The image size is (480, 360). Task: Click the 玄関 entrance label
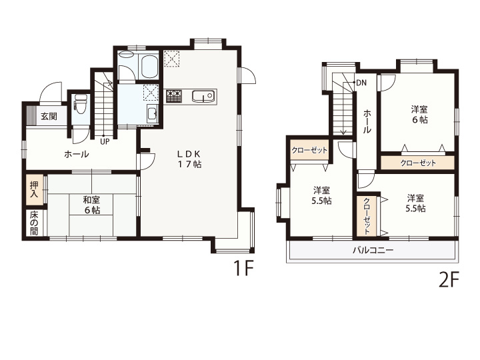49,116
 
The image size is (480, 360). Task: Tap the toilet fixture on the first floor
81,103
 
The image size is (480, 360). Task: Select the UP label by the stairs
105,142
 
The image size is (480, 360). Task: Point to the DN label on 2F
361,83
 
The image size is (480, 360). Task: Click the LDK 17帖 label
190,159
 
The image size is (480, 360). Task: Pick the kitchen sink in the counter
203,97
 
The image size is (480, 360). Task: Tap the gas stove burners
174,96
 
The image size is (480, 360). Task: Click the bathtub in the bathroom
149,67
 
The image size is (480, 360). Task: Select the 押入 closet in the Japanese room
34,190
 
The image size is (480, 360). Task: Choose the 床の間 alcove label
34,223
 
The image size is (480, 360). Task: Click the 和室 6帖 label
92,205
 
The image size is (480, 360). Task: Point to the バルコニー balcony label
373,251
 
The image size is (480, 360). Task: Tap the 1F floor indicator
243,268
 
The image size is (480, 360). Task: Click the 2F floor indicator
449,280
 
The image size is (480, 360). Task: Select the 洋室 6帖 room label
419,115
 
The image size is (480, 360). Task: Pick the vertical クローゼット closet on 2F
367,216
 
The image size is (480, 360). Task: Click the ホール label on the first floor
77,154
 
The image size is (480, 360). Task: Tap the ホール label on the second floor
367,121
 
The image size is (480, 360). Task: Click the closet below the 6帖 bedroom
417,163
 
